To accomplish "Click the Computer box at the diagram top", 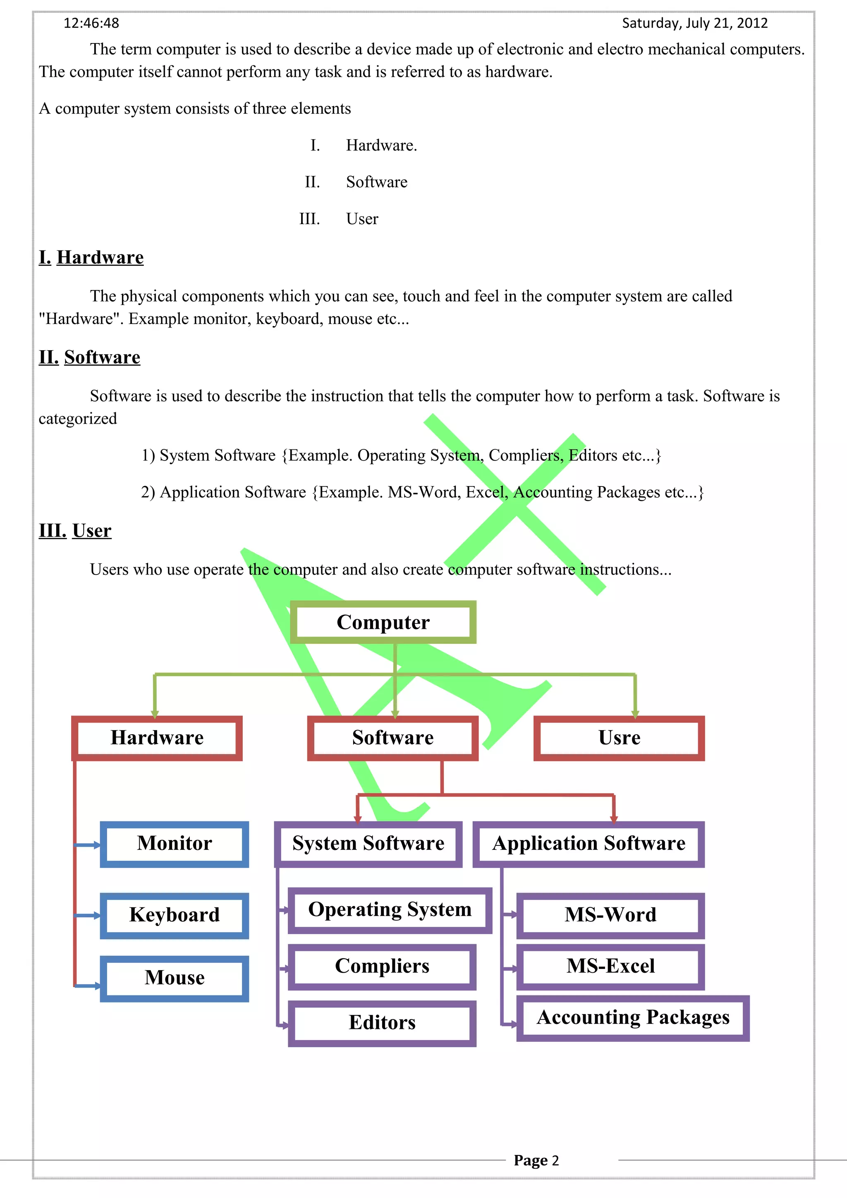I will pos(383,622).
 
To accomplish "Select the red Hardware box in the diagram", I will pos(157,738).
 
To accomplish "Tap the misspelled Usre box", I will pos(619,738).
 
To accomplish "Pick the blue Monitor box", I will pos(174,844).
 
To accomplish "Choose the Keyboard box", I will pos(174,915).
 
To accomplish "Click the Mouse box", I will pos(174,978).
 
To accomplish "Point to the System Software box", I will pos(368,844).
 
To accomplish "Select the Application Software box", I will pos(589,844).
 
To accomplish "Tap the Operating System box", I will pos(390,910).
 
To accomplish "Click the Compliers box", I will pos(382,967).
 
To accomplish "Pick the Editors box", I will pos(382,1023).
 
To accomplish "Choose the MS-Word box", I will pos(610,915).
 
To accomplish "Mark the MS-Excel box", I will pos(610,967).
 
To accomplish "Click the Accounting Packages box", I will pos(633,1017).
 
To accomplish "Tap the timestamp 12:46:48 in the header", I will pos(91,24).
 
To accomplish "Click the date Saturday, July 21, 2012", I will pos(695,24).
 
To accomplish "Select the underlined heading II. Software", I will pos(90,358).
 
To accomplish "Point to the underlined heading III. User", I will pos(75,531).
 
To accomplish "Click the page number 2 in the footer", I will pos(555,1160).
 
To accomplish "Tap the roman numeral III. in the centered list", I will pos(309,219).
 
